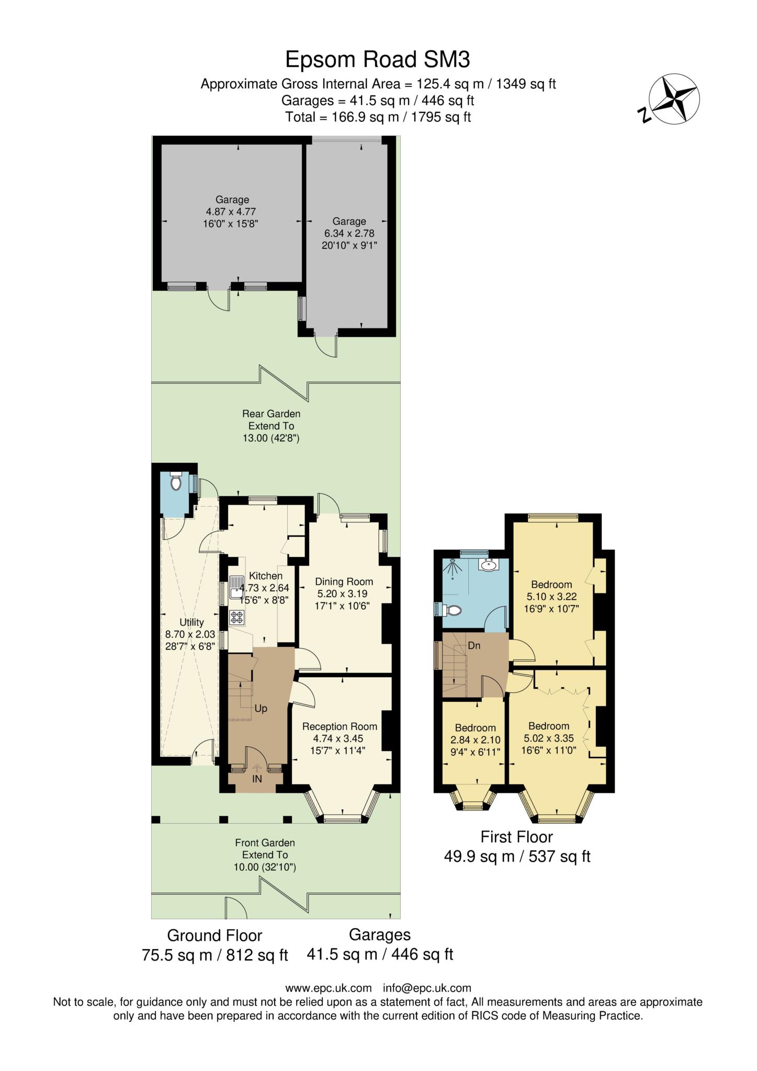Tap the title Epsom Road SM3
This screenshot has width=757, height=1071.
click(x=377, y=60)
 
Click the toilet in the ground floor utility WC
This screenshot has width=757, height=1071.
click(x=175, y=481)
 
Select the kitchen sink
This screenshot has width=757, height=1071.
click(x=236, y=586)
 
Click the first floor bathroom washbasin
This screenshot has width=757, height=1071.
click(x=490, y=565)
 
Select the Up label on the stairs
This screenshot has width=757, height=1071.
click(x=261, y=709)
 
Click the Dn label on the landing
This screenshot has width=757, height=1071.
click(x=474, y=646)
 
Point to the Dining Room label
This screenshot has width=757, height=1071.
click(x=344, y=582)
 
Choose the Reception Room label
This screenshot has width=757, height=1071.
click(x=340, y=726)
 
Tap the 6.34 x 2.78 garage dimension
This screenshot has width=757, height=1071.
click(x=349, y=233)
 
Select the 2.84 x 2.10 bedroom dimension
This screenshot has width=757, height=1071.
click(x=475, y=740)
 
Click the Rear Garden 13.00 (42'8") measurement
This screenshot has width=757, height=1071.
click(x=271, y=438)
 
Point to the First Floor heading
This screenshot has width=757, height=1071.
click(x=516, y=837)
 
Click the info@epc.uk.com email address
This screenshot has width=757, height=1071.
click(x=427, y=988)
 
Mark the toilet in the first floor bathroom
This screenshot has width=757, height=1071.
click(x=451, y=610)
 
